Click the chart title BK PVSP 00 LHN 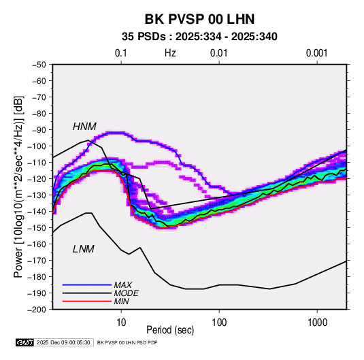click(x=199, y=19)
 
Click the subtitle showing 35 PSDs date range click(x=199, y=37)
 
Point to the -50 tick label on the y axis click(x=39, y=65)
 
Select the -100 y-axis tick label click(x=37, y=146)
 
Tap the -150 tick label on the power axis click(x=37, y=228)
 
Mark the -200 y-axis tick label click(x=37, y=310)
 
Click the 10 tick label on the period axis click(x=121, y=323)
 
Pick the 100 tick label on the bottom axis click(x=219, y=323)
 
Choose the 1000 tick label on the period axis click(x=317, y=323)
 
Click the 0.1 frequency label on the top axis click(x=121, y=53)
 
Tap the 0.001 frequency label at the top click(x=316, y=53)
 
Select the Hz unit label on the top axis click(x=170, y=53)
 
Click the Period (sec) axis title click(x=170, y=330)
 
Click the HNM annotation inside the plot click(x=84, y=127)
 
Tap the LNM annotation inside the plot click(x=84, y=249)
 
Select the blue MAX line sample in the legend click(x=87, y=285)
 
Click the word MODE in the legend click(x=127, y=293)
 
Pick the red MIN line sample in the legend click(x=87, y=301)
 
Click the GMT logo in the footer click(x=25, y=342)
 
